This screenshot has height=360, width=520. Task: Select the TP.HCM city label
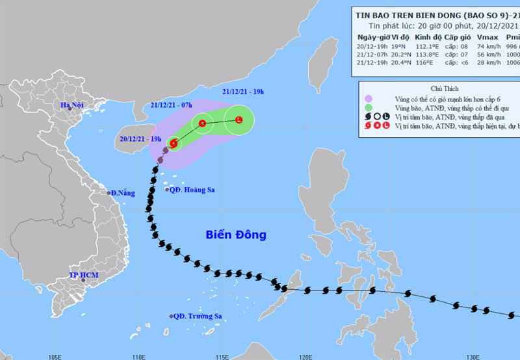pos(84,276)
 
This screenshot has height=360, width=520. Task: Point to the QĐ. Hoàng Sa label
pos(192,190)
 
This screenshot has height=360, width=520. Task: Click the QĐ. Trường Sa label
pos(198,316)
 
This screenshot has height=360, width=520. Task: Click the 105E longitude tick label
pos(55,355)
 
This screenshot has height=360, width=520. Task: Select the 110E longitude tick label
pos(138,355)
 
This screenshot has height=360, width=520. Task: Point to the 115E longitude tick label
pos(222,355)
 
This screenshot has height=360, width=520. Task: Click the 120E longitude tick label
pos(305,355)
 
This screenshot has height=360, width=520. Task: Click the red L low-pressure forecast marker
pos(239,120)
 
